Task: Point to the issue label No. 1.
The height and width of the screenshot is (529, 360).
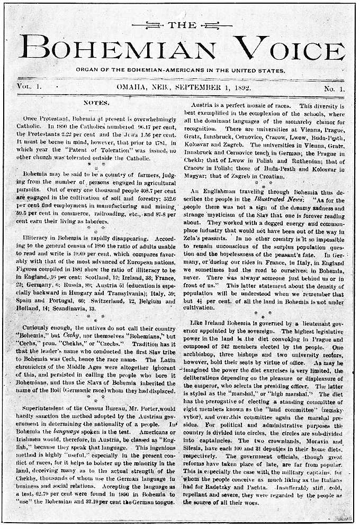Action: [x=333, y=88]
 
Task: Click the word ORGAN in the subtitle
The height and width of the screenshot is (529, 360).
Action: [x=86, y=70]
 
